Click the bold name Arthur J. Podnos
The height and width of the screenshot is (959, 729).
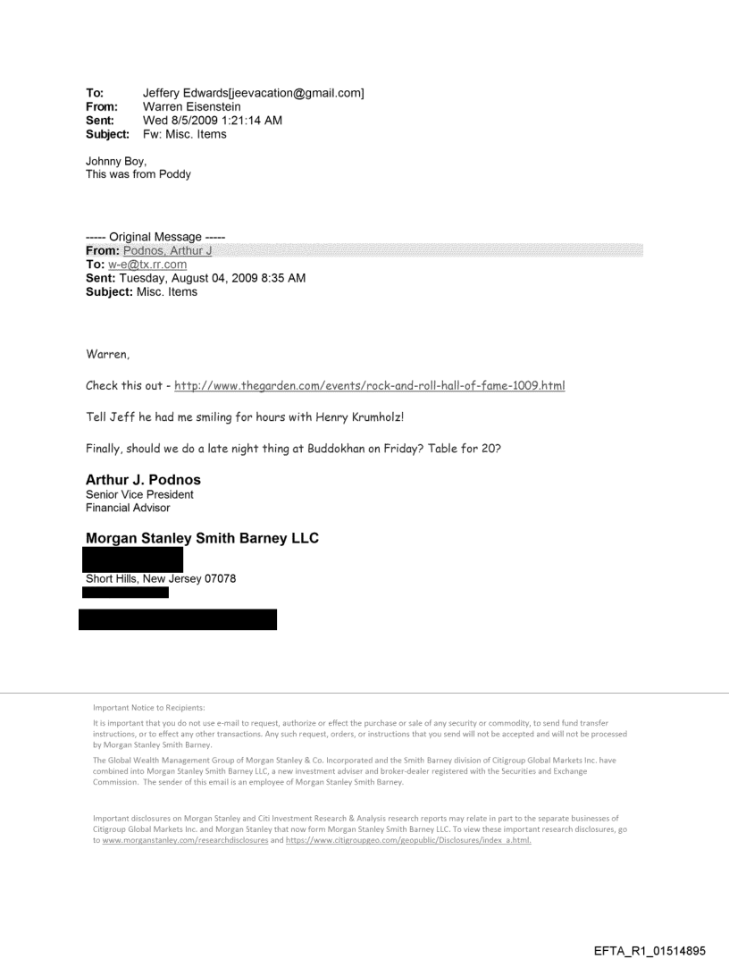tap(143, 480)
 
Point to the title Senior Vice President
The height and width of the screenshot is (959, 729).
tap(139, 494)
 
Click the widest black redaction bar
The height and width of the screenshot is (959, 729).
tap(178, 619)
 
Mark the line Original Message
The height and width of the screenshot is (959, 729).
tap(147, 238)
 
